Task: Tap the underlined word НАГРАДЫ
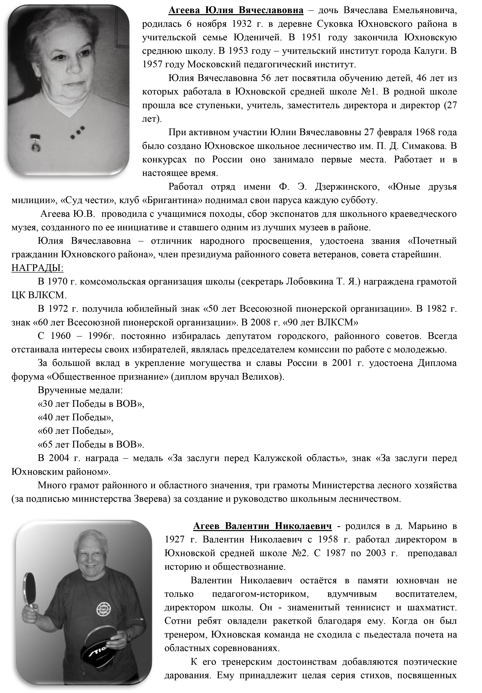click(37, 268)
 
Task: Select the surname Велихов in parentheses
click(262, 377)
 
